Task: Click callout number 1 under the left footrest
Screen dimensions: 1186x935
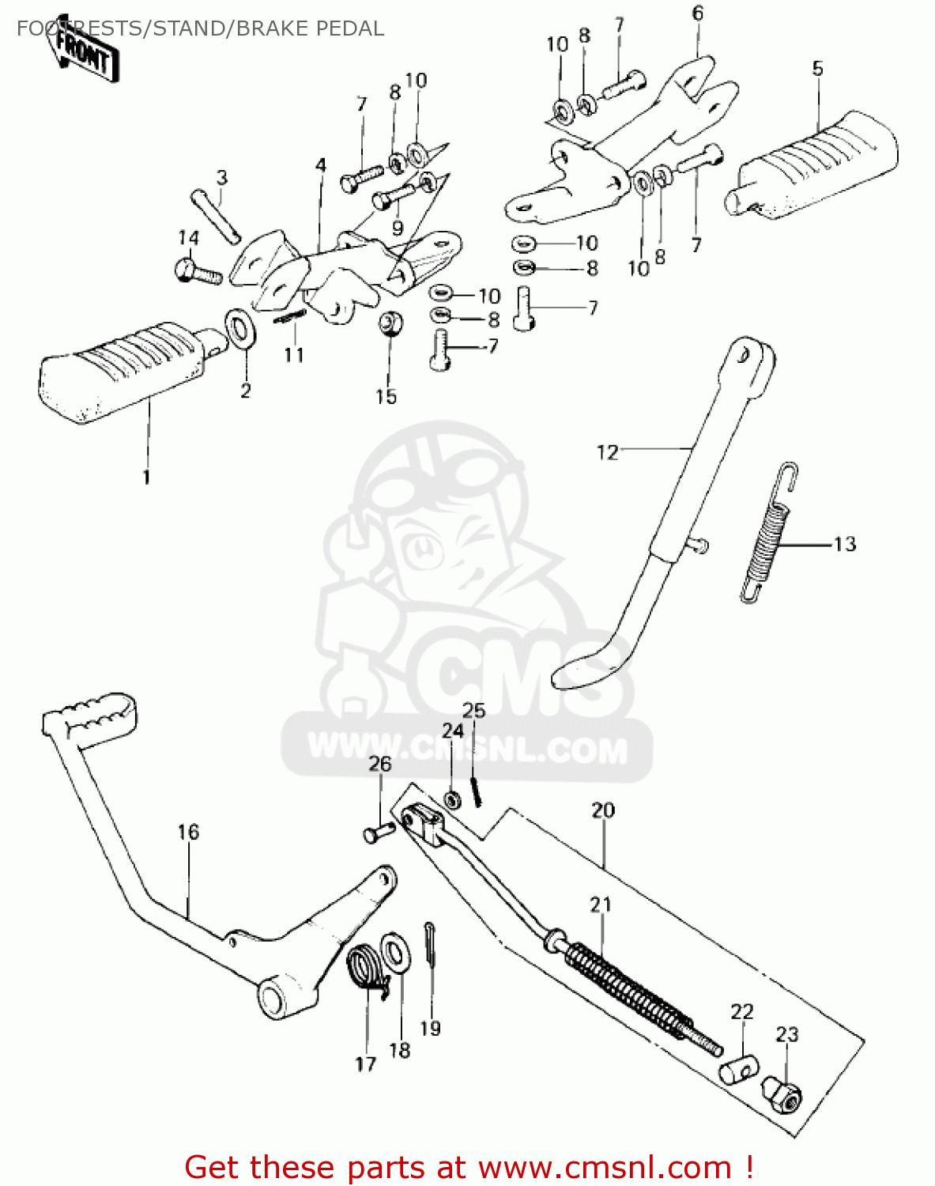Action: click(145, 478)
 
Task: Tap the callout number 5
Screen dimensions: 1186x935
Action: click(817, 69)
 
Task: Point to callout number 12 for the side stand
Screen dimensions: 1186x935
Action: click(606, 452)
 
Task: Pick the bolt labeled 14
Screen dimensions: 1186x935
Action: click(197, 272)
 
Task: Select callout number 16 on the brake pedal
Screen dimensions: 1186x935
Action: click(188, 832)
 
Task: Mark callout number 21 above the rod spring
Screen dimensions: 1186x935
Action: click(601, 904)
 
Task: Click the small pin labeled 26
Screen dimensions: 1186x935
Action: click(379, 833)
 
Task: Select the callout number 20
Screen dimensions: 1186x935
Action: click(603, 810)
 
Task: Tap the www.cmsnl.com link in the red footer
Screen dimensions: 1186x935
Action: click(605, 1167)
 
